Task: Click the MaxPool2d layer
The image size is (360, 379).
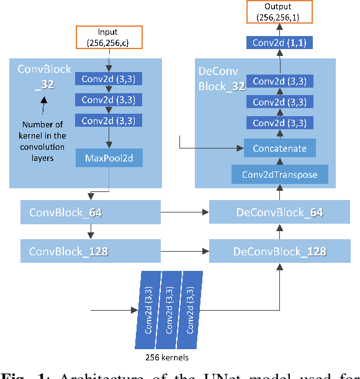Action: (109, 158)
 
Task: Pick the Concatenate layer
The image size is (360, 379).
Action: (279, 148)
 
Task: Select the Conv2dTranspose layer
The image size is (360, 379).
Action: (279, 175)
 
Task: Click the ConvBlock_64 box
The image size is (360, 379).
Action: (91, 212)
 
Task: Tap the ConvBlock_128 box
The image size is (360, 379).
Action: (91, 252)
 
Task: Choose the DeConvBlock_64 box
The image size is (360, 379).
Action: (279, 212)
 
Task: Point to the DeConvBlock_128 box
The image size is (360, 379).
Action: (279, 252)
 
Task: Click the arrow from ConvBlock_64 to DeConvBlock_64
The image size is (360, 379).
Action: (185, 212)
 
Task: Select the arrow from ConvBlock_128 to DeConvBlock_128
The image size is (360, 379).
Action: (185, 252)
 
